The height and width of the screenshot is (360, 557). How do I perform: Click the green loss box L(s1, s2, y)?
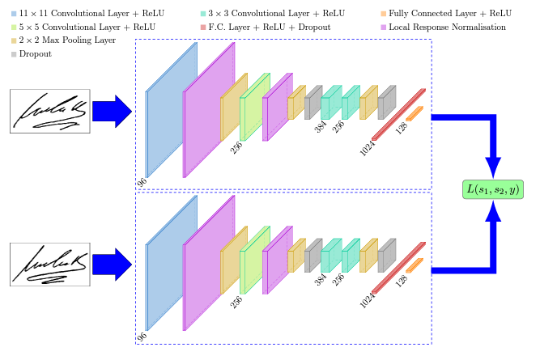[x=492, y=190]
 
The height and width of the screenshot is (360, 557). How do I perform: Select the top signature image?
[x=49, y=111]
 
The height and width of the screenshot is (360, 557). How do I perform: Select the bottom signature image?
[x=49, y=264]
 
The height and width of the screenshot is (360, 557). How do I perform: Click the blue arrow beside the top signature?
[x=112, y=111]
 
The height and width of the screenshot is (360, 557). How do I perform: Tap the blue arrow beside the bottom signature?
[x=112, y=265]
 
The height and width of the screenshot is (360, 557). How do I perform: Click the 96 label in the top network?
[x=142, y=182]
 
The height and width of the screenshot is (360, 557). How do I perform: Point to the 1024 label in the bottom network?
[x=367, y=300]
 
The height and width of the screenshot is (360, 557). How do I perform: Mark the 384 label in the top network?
[x=320, y=126]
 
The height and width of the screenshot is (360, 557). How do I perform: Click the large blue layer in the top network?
[x=171, y=109]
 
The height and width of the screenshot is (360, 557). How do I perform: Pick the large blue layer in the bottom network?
[x=171, y=263]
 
